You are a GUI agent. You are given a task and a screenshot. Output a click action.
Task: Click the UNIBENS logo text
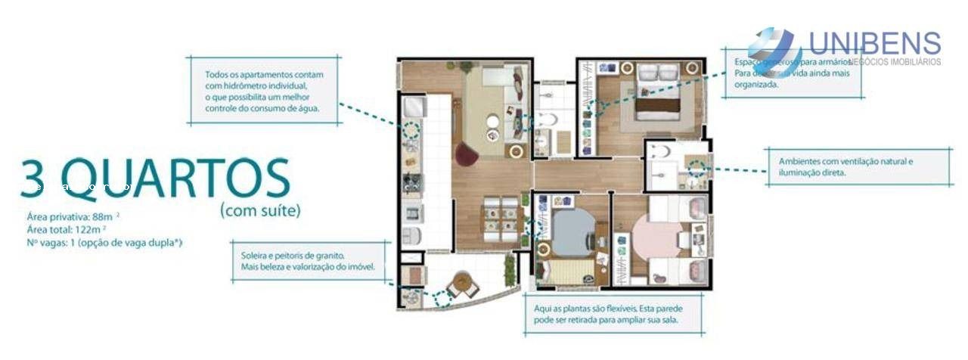[x=874, y=43]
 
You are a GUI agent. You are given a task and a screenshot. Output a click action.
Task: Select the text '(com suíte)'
[x=259, y=210]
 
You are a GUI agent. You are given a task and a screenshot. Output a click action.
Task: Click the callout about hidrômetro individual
[x=263, y=92]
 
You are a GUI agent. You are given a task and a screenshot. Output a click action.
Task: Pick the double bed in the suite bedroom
[x=657, y=98]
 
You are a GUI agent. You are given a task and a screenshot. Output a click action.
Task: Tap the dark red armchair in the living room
[x=465, y=153]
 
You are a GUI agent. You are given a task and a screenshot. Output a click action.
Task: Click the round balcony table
[x=461, y=284]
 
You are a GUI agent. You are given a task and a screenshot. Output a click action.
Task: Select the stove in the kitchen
[x=413, y=183]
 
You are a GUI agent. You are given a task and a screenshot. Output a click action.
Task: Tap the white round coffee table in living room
[x=493, y=121]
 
